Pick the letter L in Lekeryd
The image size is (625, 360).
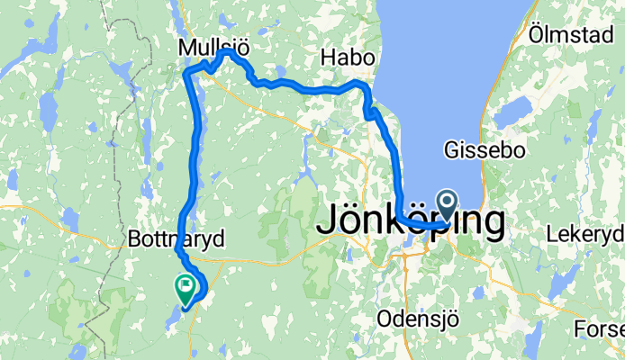[552, 235]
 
